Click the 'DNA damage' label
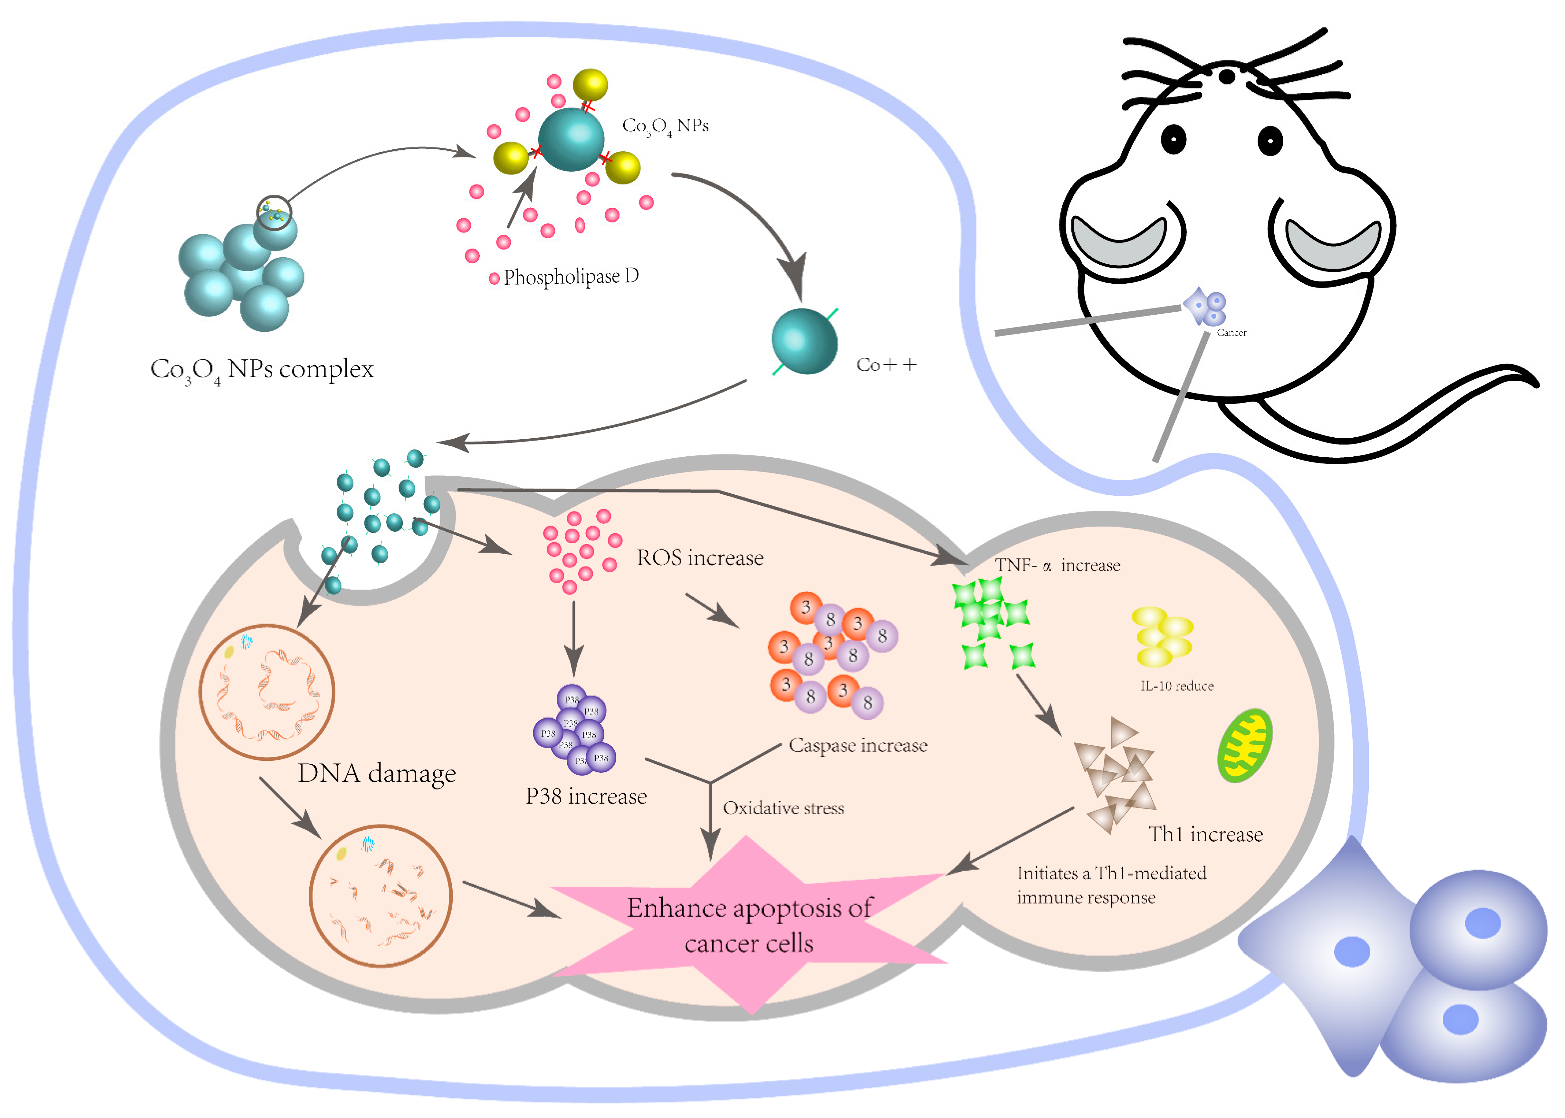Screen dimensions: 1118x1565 coord(377,773)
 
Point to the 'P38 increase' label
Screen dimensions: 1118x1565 coord(586,796)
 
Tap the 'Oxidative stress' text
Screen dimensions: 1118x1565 coord(782,808)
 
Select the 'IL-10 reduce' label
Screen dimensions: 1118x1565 coord(1177,686)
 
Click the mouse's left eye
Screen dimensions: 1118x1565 coord(1173,140)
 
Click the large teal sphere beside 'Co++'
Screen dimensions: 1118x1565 coord(804,341)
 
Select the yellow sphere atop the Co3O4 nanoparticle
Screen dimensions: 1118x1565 coord(590,85)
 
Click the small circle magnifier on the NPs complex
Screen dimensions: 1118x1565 coord(274,213)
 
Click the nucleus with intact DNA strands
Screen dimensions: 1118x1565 coord(267,692)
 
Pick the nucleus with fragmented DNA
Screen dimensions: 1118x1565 coord(381,895)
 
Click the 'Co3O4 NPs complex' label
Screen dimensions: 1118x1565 coord(262,370)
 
